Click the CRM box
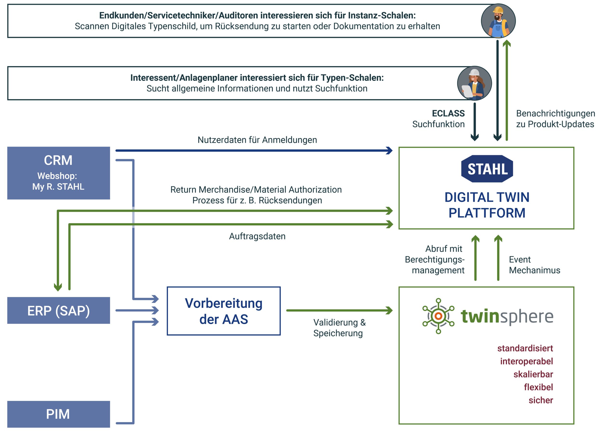click(58, 173)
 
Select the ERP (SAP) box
click(58, 310)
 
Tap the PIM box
click(58, 414)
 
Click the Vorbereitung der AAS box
click(223, 311)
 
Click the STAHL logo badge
click(487, 169)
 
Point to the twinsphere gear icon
click(438, 316)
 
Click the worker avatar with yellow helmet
click(498, 21)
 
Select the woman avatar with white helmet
click(474, 83)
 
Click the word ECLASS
click(448, 113)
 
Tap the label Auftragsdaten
click(257, 236)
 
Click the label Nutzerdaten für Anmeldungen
click(257, 140)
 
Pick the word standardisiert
click(525, 348)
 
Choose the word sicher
click(541, 400)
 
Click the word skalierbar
click(533, 374)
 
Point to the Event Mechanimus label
click(534, 265)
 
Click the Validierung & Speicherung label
click(339, 328)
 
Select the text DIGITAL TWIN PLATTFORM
click(487, 205)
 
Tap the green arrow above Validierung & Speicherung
click(339, 310)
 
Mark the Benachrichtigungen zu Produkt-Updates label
click(555, 119)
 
